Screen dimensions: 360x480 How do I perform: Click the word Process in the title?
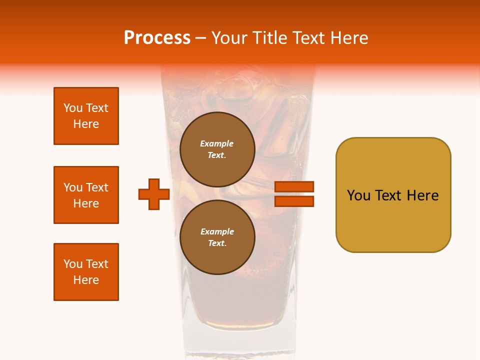157,38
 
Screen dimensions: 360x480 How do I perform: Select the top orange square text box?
86,116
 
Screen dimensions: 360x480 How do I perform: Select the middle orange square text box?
86,195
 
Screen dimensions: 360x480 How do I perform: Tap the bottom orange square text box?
86,272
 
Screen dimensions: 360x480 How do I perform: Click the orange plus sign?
154,194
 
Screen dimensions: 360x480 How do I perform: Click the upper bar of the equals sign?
294,186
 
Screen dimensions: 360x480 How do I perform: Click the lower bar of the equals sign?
294,201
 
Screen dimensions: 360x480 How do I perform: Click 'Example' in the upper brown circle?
216,143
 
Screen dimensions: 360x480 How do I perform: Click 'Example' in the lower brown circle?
216,231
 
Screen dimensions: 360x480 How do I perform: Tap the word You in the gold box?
358,195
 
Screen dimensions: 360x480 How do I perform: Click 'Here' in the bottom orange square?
86,280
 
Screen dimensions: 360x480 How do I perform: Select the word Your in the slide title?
229,38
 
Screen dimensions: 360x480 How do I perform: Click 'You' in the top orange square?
72,108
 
